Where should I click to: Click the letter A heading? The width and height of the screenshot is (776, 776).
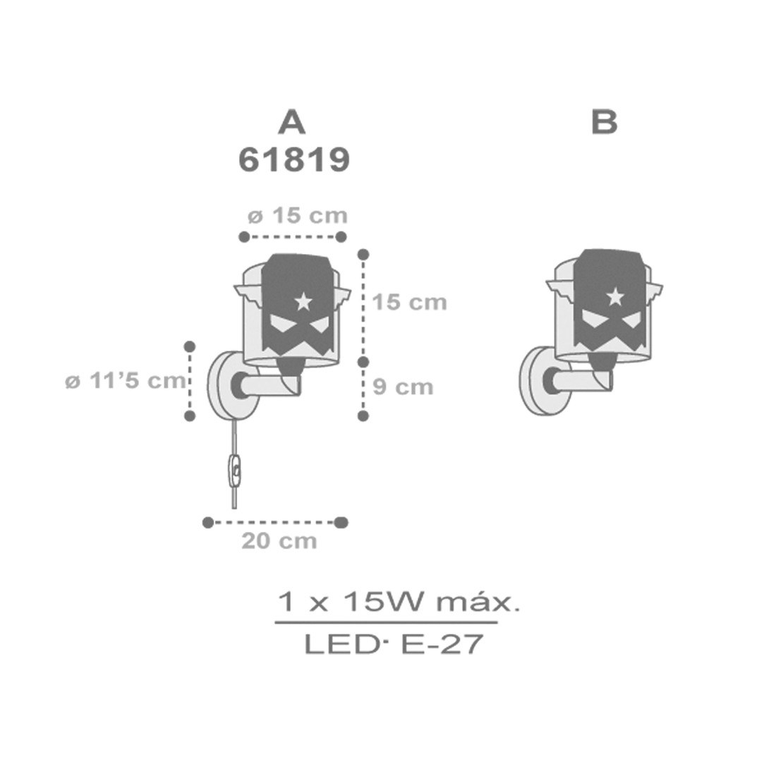click(292, 122)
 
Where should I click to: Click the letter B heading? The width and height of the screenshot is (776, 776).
click(605, 122)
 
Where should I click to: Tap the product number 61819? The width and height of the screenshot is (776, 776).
click(294, 160)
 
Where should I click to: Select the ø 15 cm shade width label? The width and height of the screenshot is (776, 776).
click(298, 216)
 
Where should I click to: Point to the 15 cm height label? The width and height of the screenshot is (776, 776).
click(409, 302)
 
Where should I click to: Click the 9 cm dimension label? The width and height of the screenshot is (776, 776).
click(403, 387)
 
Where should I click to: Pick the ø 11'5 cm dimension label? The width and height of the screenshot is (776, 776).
click(126, 380)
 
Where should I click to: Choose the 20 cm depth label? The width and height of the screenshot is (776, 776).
click(279, 540)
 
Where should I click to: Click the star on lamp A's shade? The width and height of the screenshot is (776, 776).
click(303, 301)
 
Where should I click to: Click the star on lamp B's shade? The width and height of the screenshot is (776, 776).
click(615, 296)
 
